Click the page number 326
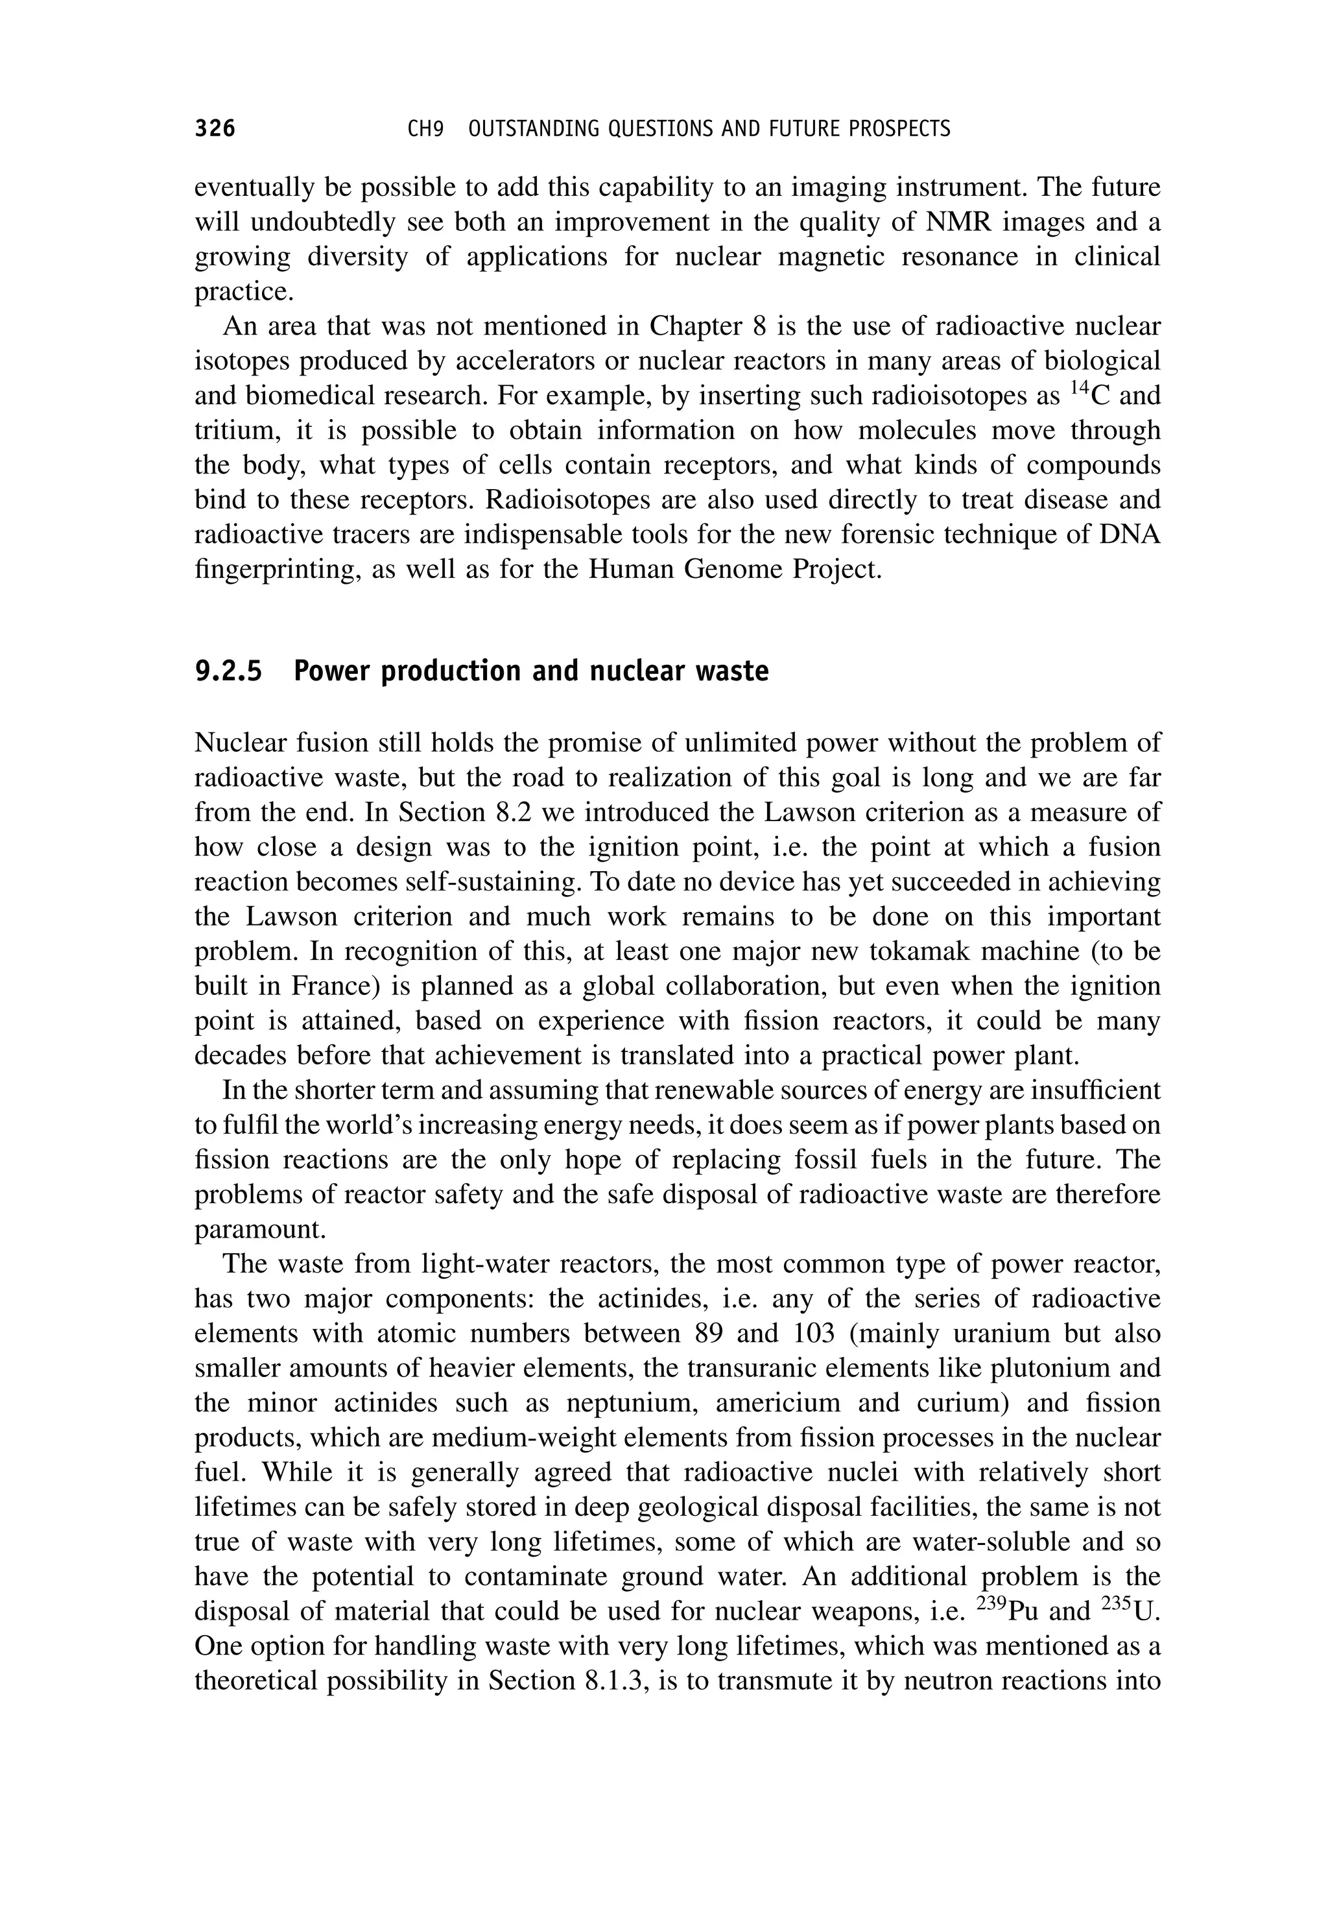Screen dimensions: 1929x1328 (x=215, y=129)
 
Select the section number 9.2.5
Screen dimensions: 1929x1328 (x=228, y=671)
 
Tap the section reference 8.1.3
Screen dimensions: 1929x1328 (x=611, y=1681)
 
